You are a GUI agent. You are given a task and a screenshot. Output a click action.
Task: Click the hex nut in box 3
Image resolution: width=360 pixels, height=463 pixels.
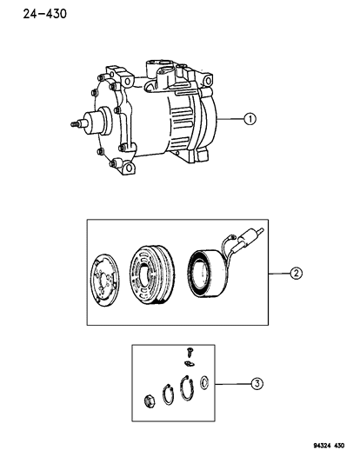[150, 402]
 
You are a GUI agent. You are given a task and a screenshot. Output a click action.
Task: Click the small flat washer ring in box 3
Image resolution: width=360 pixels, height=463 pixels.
[205, 383]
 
